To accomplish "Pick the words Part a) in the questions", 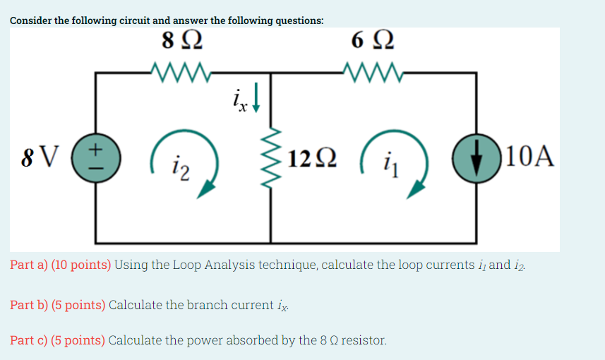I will (28, 265).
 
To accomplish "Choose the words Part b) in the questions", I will (28, 305).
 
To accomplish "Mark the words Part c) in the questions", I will (28, 340).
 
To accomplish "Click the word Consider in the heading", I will (31, 20).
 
